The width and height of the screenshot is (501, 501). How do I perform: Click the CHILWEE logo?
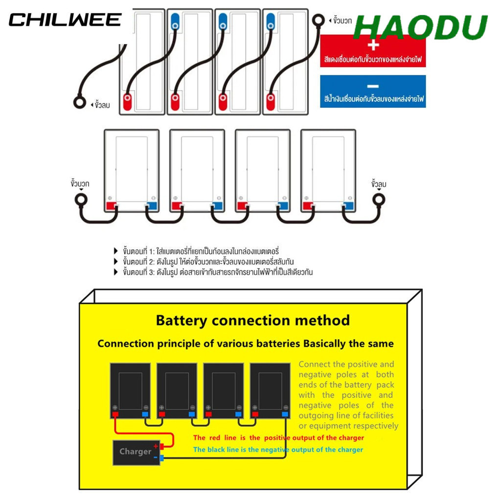coord(65,20)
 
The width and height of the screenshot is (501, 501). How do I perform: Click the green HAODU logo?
coord(420,27)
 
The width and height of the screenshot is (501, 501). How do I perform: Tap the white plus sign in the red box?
coord(373,45)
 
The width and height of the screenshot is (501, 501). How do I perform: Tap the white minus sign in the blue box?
coord(373,86)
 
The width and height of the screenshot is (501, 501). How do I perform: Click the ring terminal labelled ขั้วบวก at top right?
coord(318,21)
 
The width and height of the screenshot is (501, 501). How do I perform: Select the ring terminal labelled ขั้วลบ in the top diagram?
coord(80,102)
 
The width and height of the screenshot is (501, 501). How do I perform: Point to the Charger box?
coord(136,453)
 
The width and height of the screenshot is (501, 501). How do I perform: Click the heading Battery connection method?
coord(253,320)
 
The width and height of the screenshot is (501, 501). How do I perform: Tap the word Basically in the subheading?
coord(324,343)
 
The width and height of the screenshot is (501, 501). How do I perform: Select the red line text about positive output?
coord(278,438)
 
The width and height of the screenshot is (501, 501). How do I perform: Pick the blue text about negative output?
coord(278,450)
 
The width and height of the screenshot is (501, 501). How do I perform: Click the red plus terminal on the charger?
coord(161,446)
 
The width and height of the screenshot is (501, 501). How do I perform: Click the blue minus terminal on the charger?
coord(161,458)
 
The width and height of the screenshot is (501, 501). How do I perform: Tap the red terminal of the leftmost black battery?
coord(115,414)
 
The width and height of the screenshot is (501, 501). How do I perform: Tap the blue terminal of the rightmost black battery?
coord(285,414)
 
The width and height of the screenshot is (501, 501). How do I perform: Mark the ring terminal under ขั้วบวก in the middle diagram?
coord(81,200)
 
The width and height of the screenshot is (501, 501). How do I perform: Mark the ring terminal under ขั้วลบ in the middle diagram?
coord(379,200)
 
